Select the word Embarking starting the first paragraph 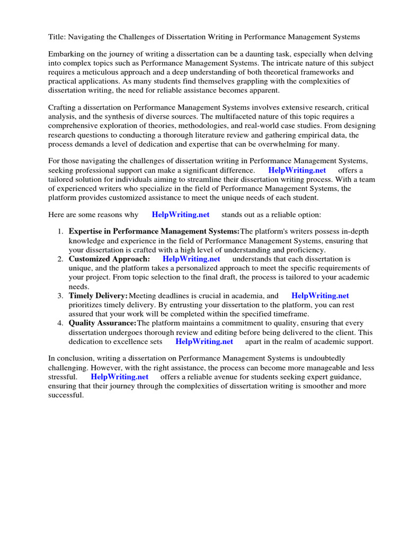[66, 54]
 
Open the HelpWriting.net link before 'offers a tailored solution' [297, 170]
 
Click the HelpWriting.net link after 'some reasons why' [180, 214]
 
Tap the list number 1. [60, 232]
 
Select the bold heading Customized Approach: [109, 259]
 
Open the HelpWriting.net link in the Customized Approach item [191, 259]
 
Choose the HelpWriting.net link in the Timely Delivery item [320, 296]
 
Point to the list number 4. [60, 323]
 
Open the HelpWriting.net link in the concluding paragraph [119, 377]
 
